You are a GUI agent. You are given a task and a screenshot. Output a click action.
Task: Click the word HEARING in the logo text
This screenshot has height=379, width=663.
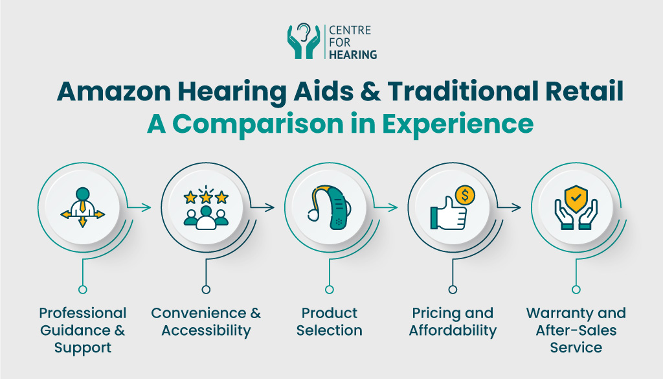[x=354, y=55]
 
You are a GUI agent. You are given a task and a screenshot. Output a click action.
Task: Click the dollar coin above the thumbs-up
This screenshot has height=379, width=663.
[x=464, y=195]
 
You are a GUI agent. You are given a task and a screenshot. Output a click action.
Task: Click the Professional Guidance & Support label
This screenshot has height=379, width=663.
[x=82, y=330]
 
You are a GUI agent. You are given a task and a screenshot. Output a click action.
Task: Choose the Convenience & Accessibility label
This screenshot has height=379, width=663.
[x=206, y=322]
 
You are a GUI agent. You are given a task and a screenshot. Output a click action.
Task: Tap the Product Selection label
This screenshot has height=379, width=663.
[x=330, y=322]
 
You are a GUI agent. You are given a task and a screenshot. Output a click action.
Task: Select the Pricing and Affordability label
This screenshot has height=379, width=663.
[x=453, y=322]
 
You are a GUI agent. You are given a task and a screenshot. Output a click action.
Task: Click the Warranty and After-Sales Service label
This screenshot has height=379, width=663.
[x=576, y=330]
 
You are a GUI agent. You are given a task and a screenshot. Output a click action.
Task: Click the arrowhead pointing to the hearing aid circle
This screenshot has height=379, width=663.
[x=271, y=208]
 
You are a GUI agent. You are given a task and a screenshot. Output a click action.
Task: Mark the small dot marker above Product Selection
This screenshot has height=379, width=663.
[x=330, y=290]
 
